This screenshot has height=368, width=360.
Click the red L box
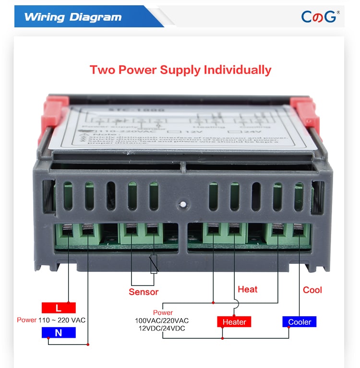[x=58, y=308]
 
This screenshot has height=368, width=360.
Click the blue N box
[x=58, y=332]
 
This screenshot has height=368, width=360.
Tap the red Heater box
[x=234, y=321]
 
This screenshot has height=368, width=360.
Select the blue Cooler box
[x=300, y=322]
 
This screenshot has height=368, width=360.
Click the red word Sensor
[x=143, y=292]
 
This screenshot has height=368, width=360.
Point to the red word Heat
[x=248, y=289]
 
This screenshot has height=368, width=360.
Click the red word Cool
[x=312, y=290]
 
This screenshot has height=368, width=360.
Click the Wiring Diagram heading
[x=72, y=17]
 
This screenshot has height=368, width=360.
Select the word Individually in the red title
[x=238, y=70]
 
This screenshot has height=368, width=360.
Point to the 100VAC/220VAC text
[x=162, y=321]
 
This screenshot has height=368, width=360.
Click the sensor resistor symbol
[x=154, y=264]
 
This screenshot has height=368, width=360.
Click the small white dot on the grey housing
[x=182, y=205]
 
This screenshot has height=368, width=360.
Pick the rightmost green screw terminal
[x=298, y=234]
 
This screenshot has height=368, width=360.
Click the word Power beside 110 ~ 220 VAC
[x=26, y=320]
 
